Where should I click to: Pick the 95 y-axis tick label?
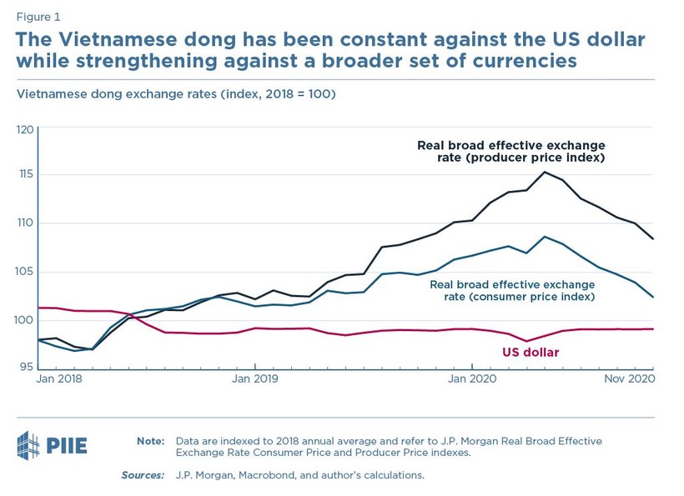(x=28, y=367)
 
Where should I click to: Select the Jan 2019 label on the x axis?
(x=255, y=378)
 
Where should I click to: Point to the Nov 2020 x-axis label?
(x=627, y=378)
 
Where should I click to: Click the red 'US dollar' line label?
(x=531, y=353)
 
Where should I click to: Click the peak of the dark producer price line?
(x=545, y=173)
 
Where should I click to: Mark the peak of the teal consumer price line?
(x=545, y=237)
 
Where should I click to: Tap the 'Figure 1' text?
(x=38, y=16)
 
